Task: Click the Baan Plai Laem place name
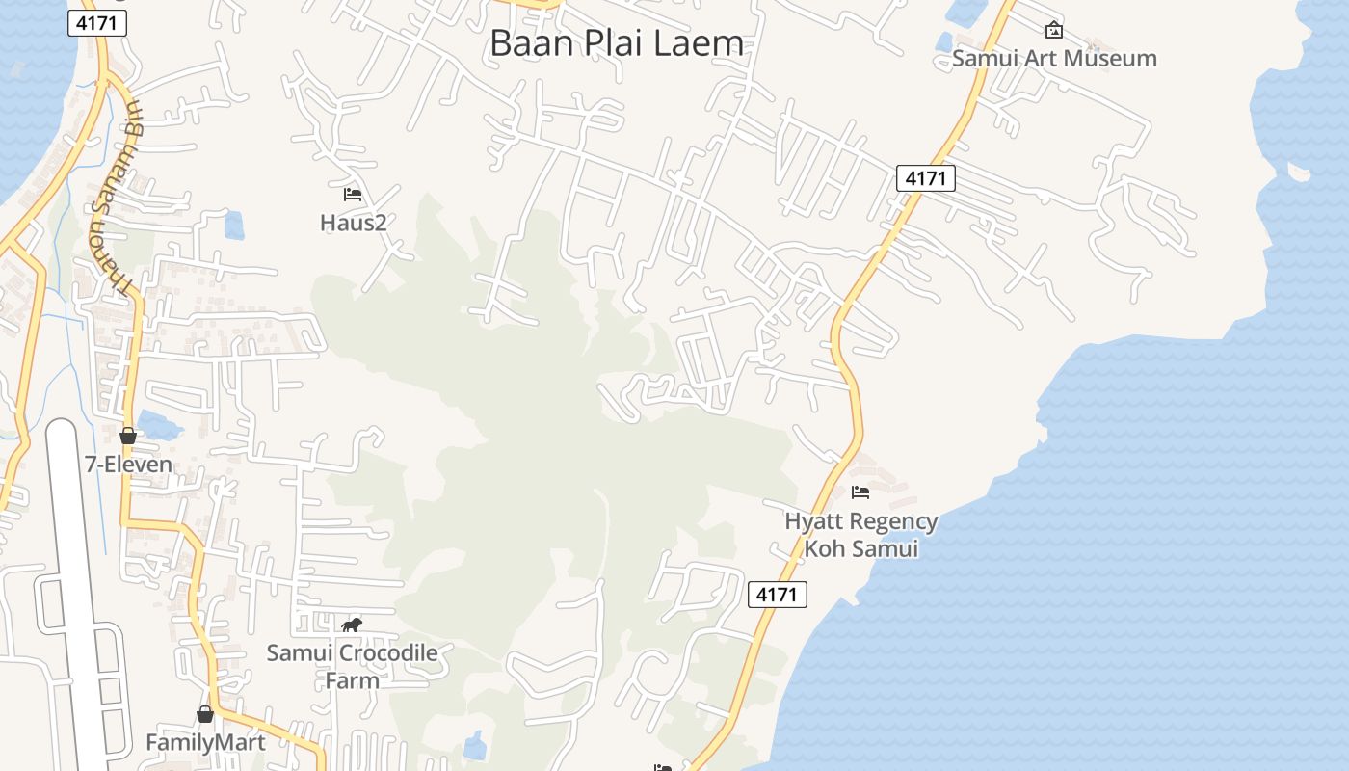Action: coord(617,43)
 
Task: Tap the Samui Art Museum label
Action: coord(1054,58)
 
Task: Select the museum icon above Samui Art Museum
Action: coord(1054,30)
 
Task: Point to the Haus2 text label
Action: coord(353,223)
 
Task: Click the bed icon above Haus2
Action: coord(353,195)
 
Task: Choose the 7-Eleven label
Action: coord(128,465)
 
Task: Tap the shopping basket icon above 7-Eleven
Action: coord(128,436)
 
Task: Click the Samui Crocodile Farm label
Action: coord(352,666)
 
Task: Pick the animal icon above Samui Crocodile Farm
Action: coord(352,625)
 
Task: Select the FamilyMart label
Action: coord(204,742)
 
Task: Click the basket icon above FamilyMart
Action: coord(204,714)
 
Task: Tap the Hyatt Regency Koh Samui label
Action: coord(860,535)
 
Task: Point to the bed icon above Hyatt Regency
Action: coord(860,492)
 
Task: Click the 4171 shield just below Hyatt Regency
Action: coord(777,595)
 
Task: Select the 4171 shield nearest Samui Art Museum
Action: coord(925,177)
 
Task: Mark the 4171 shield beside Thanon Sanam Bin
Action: coord(97,23)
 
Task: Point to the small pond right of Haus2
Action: coord(234,226)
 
